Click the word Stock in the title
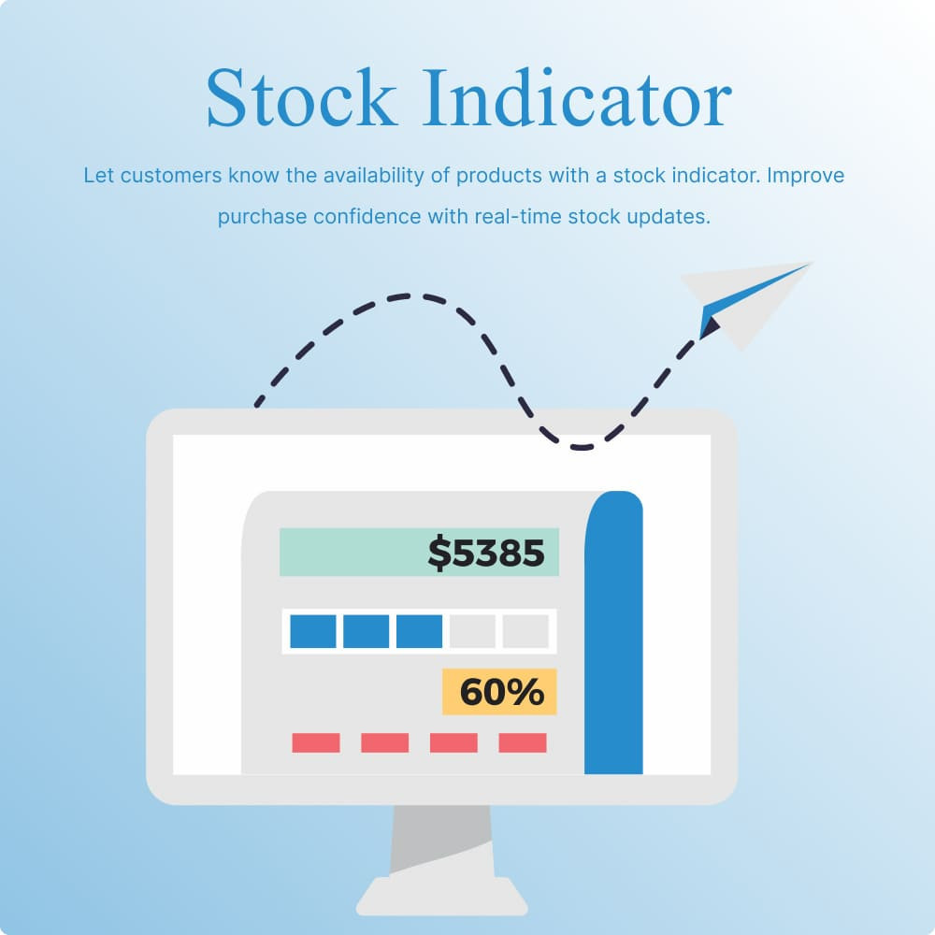[x=301, y=97]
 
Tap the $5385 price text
[x=486, y=553]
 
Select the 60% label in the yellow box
[x=500, y=692]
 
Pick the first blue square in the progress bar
[x=313, y=631]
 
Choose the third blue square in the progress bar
[x=420, y=631]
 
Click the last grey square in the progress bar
[x=525, y=631]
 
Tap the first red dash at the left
[x=316, y=742]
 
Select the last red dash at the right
[x=523, y=742]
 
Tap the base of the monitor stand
[x=441, y=898]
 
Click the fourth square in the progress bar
[x=472, y=631]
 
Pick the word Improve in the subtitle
[x=806, y=176]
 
